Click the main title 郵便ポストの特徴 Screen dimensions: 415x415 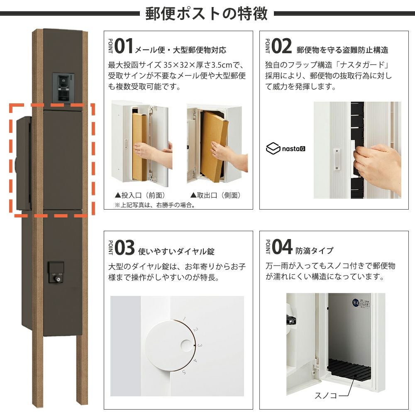point(206,14)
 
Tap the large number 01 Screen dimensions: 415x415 point(124,46)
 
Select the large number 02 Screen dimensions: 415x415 point(282,46)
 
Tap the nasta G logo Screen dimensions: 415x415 point(286,149)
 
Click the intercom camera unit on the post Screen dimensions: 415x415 point(63,87)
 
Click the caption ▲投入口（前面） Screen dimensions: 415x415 point(140,195)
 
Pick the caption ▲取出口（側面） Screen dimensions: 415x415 point(215,195)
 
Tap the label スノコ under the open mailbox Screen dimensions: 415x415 point(325,395)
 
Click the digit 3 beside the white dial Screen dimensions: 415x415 point(200,345)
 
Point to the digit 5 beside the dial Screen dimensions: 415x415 point(184,372)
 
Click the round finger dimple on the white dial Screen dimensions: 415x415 point(186,345)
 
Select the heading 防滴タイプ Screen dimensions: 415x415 point(315,250)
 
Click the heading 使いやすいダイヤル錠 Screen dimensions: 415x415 point(176,251)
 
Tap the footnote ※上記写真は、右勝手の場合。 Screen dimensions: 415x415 point(155,205)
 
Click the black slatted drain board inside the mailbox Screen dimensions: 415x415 point(349,368)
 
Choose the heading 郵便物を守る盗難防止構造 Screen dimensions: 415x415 point(342,50)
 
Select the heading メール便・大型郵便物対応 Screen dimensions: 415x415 point(181,50)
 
